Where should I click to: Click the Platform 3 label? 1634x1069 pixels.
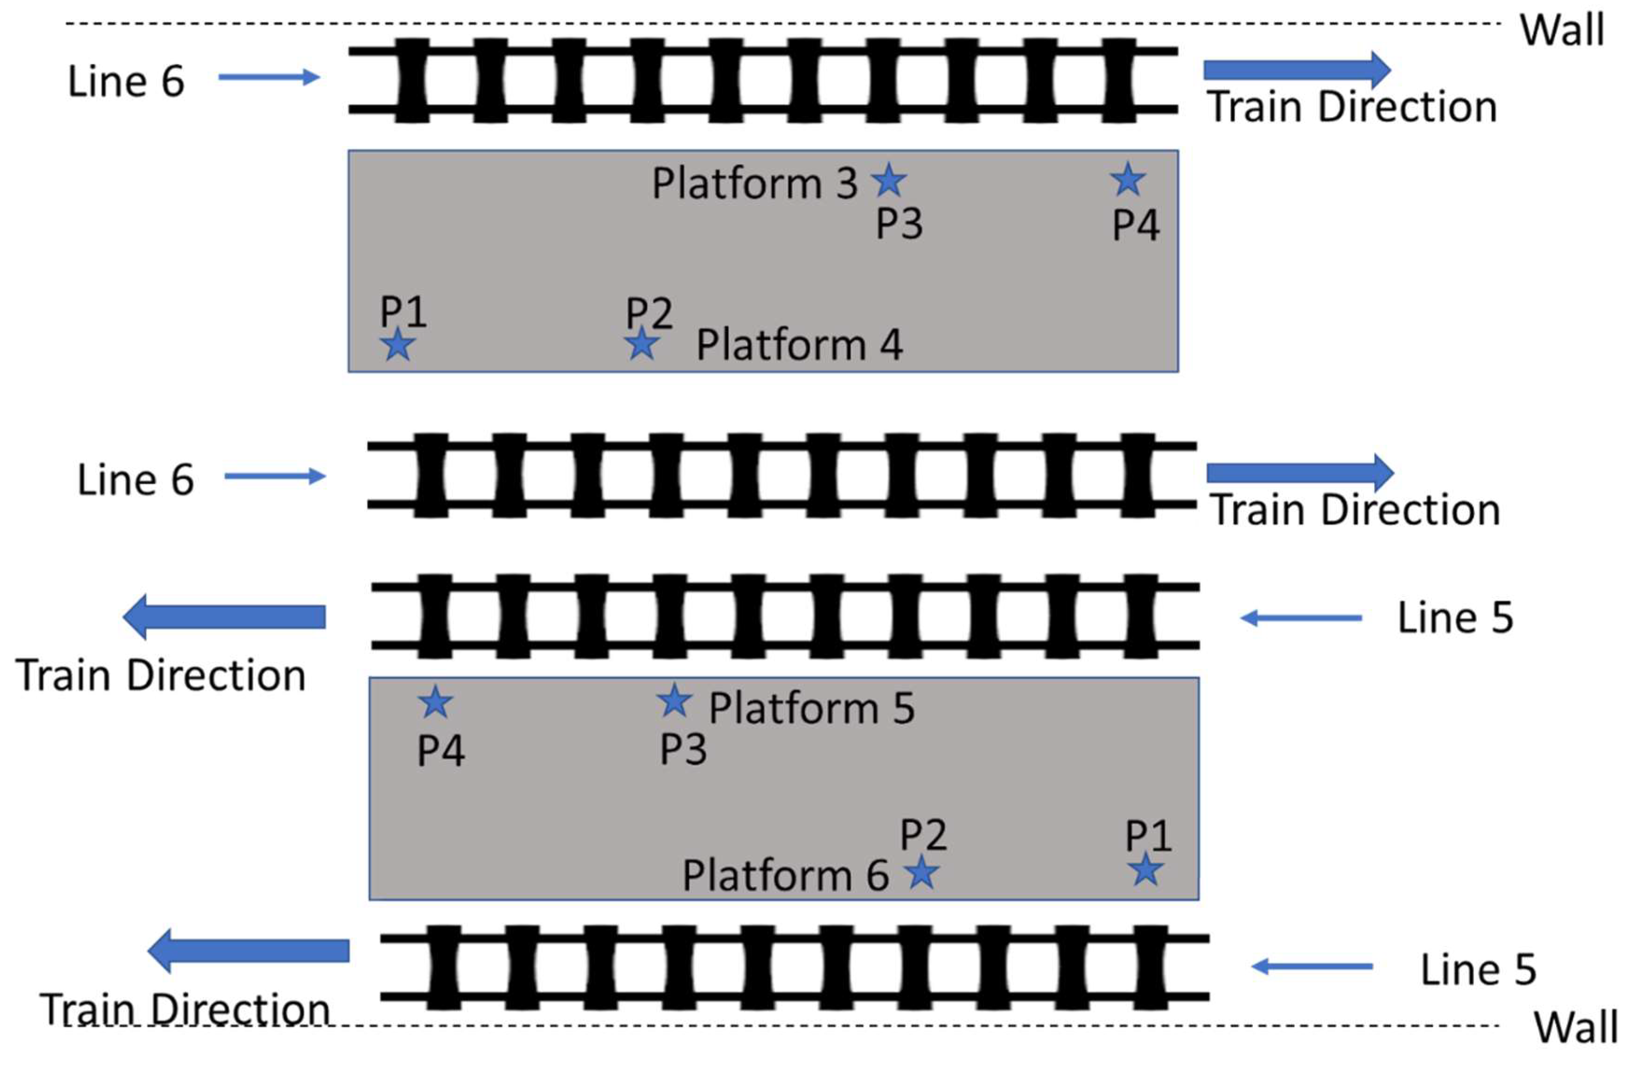click(x=754, y=183)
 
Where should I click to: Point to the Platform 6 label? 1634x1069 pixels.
click(x=785, y=875)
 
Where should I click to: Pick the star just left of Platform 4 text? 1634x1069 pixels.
click(x=642, y=343)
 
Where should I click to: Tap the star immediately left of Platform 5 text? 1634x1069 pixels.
click(x=674, y=700)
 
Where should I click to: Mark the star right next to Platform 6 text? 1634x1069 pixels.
click(x=922, y=872)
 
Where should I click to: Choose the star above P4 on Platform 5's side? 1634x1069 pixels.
click(x=435, y=702)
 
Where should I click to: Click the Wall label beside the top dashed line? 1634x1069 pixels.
click(x=1563, y=30)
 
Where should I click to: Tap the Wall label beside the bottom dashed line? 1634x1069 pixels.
click(x=1576, y=1028)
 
